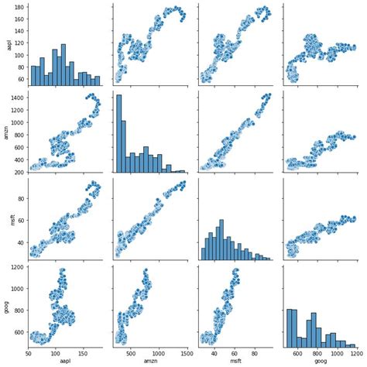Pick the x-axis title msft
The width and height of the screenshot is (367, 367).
235,362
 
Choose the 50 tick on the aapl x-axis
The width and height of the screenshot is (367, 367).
29,353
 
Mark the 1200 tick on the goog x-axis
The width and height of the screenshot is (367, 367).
353,353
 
